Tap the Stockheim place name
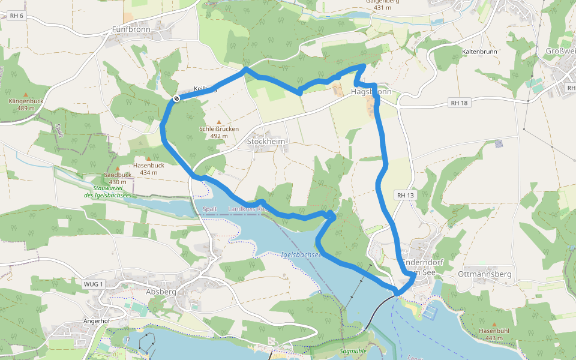267,142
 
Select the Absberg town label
161,292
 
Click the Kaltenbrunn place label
479,52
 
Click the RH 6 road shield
16,15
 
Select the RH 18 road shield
458,103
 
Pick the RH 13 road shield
406,196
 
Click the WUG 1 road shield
94,284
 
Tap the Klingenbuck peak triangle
26,95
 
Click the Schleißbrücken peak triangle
218,122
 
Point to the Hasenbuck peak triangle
148,158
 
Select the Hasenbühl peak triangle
494,324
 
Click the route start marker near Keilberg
176,98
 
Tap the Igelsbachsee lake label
301,254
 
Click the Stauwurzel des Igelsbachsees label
107,191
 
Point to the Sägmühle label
353,350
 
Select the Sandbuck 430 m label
117,178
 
